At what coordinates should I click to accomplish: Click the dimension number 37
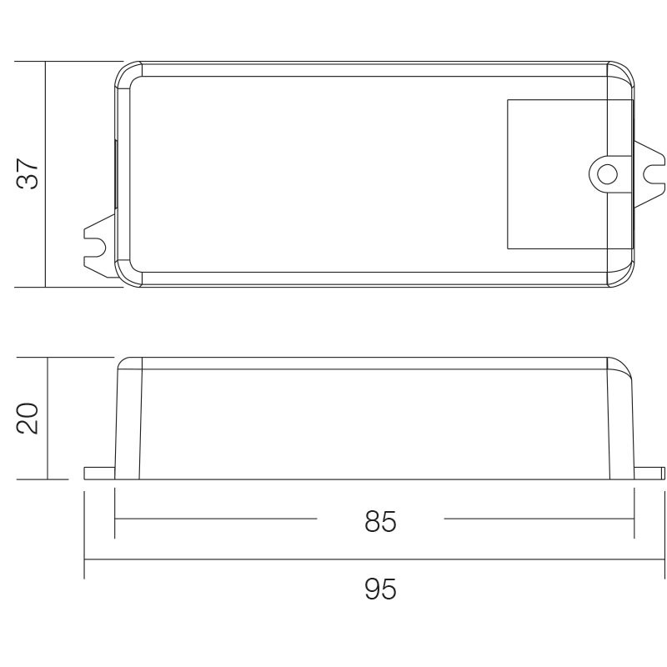[28, 173]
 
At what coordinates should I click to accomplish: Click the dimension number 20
[28, 419]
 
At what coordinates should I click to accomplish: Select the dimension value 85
[380, 521]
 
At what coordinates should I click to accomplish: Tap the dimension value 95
[380, 589]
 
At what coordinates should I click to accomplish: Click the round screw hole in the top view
[607, 174]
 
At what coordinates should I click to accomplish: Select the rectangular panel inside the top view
[569, 174]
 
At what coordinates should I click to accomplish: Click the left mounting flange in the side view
[99, 473]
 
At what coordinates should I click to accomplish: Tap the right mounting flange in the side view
[649, 473]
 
